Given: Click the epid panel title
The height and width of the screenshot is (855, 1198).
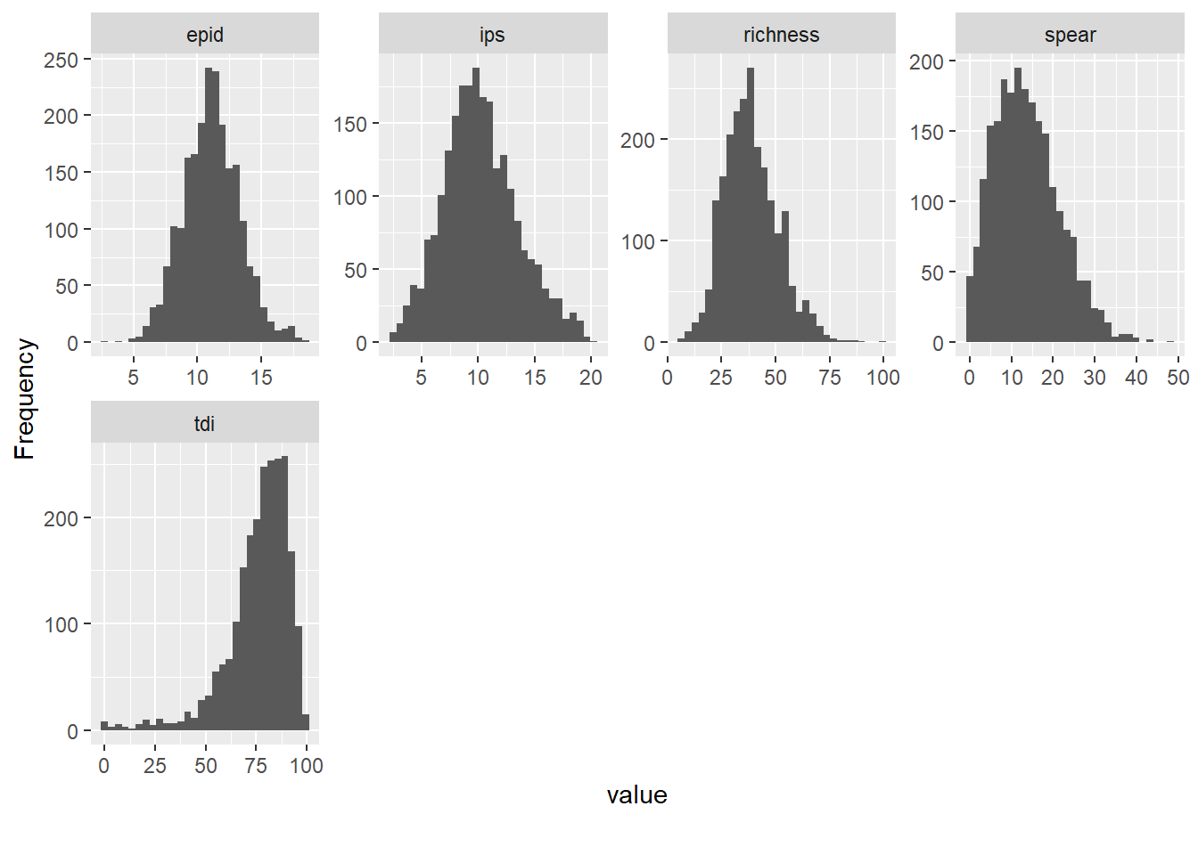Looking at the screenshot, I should coord(205,35).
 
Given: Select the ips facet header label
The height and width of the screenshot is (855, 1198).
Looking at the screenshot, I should coord(492,35).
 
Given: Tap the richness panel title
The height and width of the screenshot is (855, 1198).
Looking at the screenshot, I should coord(781,35).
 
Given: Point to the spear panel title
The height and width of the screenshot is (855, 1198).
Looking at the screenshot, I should coord(1070,35).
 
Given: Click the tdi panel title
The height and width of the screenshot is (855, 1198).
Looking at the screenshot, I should coord(205,423).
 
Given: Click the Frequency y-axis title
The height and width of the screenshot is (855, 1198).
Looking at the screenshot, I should coord(25,399).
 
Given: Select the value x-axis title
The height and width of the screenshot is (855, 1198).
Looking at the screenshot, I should coord(636,795).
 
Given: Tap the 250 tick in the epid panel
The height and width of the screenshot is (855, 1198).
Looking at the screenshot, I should coord(61,60).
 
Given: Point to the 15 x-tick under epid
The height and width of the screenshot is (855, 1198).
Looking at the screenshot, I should coord(261,378).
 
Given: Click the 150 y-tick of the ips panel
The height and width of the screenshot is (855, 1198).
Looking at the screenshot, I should coord(349,124).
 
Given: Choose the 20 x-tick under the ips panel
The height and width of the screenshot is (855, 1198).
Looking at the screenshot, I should coord(591,378).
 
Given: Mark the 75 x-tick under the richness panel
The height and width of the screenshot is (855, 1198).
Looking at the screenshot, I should coord(830,378).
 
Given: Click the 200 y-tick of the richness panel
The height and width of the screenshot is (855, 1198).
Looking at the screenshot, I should coord(637,140).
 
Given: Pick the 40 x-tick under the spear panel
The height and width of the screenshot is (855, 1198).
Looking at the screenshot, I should coord(1136,378).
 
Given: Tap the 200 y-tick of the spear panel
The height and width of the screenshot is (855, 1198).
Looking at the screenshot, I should coord(926,61).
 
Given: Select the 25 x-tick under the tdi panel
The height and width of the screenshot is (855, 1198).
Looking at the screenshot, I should coord(155,766).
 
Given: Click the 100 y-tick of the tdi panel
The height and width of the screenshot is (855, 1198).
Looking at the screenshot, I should coord(61,624).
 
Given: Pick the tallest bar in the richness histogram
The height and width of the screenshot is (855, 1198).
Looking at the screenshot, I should coord(750,205).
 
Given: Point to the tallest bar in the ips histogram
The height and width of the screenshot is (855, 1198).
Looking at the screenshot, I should coord(476,205).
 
